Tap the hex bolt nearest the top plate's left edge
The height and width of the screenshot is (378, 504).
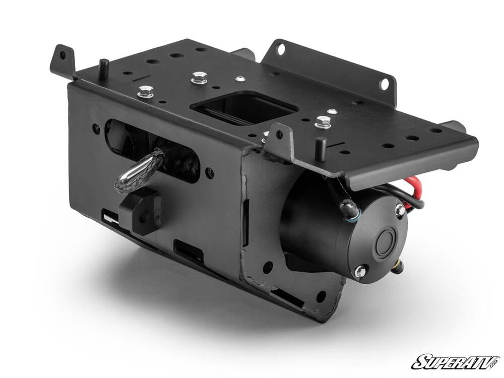pos(146,91)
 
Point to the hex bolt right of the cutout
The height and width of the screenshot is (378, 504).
pos(323,122)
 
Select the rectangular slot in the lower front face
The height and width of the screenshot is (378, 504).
pos(189,250)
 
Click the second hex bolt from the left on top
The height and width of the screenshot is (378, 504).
pos(200,78)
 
